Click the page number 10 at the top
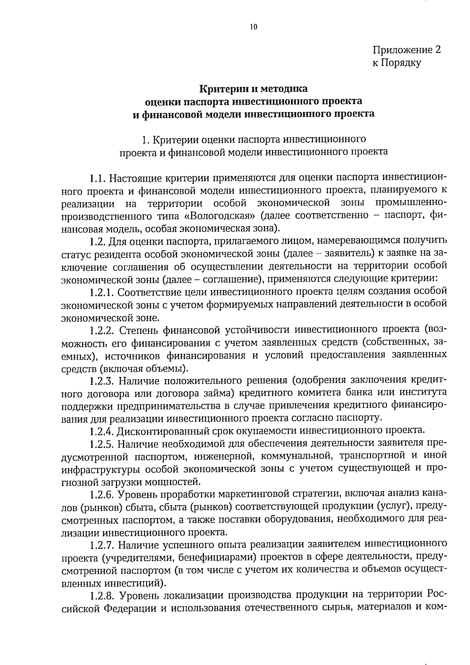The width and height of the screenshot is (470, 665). coord(253,27)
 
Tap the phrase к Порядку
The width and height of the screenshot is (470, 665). coord(396,63)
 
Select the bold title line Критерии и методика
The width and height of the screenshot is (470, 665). coord(254,89)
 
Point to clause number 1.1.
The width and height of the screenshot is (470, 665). coord(98,179)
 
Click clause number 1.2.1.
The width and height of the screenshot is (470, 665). coord(101,292)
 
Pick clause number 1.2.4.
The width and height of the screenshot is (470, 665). coord(101,431)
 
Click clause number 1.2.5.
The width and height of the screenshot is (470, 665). coord(101,444)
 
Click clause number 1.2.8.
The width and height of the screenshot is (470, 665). coord(101,596)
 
